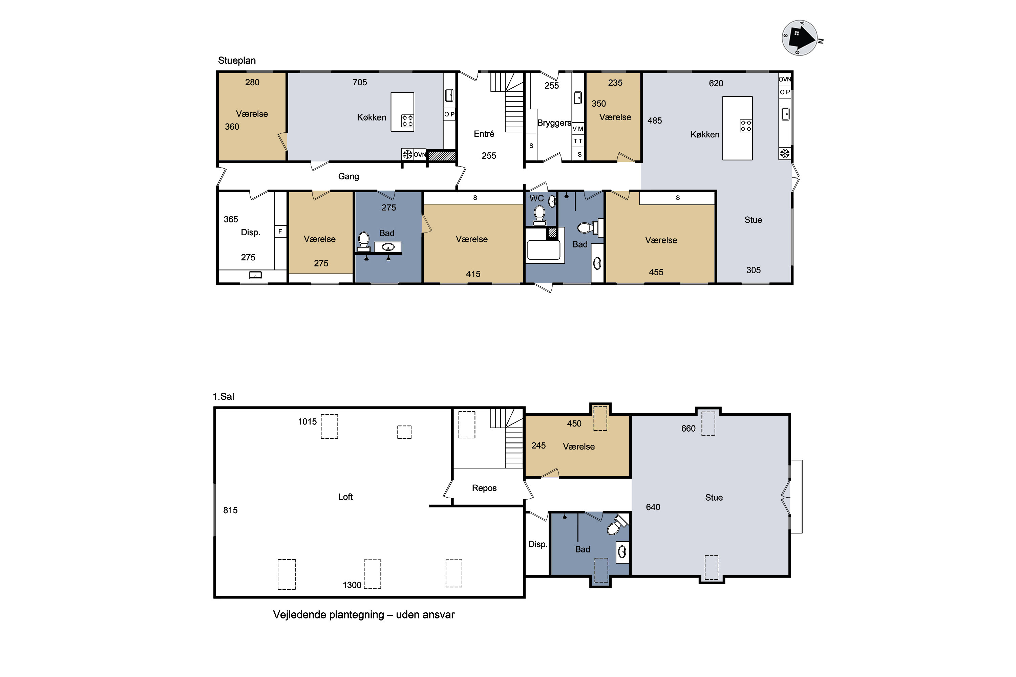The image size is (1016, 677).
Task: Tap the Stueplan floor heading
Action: (x=237, y=61)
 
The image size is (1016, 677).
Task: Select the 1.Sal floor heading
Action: (x=223, y=396)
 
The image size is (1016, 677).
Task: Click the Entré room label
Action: (x=484, y=134)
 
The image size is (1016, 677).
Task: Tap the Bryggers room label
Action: (x=554, y=123)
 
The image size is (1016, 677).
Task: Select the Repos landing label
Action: (x=484, y=488)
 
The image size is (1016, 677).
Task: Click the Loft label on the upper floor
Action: (x=345, y=497)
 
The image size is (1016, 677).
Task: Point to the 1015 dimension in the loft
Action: (x=307, y=422)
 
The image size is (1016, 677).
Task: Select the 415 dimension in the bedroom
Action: (x=473, y=274)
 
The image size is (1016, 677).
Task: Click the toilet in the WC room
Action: (x=539, y=215)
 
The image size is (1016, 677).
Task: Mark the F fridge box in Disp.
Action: (x=280, y=232)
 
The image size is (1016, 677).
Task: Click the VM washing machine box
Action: (x=578, y=129)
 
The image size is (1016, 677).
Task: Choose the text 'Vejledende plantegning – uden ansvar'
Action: (x=364, y=615)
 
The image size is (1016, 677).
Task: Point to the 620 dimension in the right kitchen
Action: (x=716, y=83)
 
